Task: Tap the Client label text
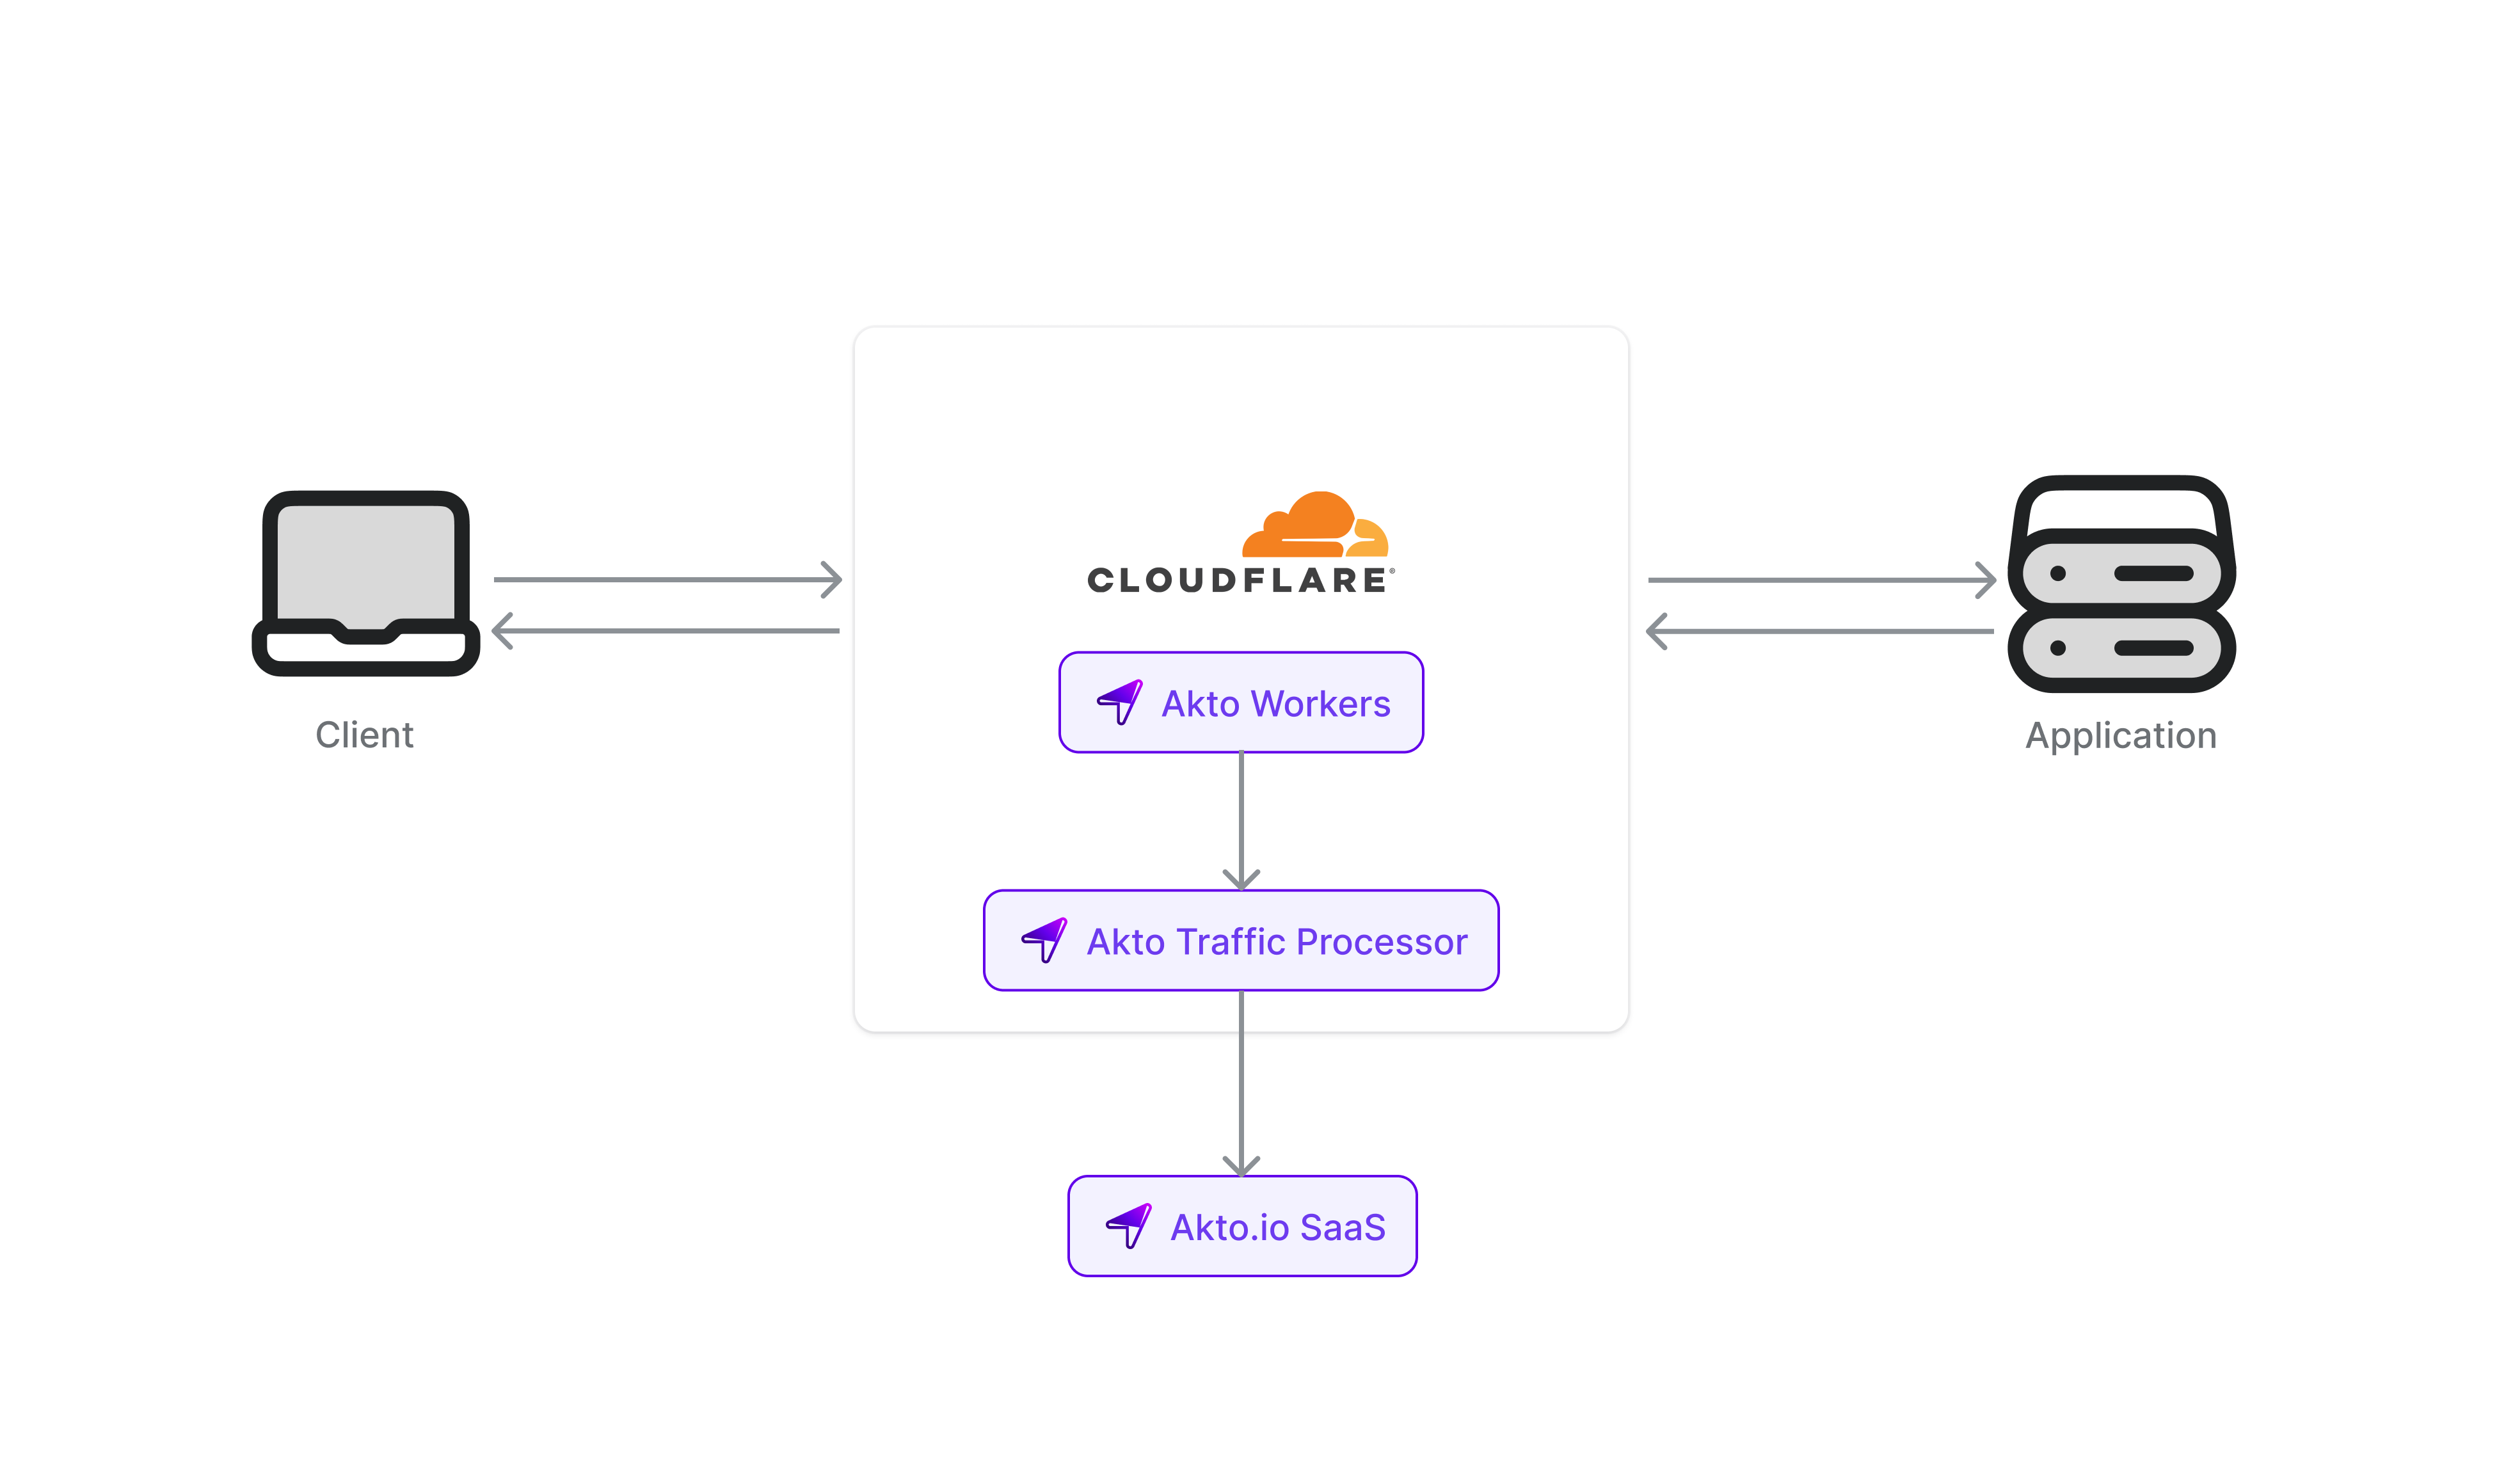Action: (x=364, y=735)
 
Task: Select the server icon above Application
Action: (x=2121, y=584)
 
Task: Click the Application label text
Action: (x=2121, y=736)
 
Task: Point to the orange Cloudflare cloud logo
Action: (x=1315, y=525)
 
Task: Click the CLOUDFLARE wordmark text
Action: (x=1239, y=580)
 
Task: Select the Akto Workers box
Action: (x=1241, y=702)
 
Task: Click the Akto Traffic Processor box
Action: (x=1241, y=941)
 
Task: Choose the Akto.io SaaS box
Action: (x=1242, y=1226)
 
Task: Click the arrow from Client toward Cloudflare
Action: (x=667, y=579)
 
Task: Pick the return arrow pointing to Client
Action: (x=667, y=631)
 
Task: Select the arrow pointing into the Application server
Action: (x=1821, y=579)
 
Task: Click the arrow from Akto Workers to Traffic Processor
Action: (x=1241, y=819)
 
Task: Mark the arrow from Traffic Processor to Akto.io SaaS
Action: (x=1241, y=1083)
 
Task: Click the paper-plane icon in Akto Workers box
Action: (x=1120, y=702)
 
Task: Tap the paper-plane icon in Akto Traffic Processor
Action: (x=1045, y=940)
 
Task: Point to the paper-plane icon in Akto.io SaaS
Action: (x=1129, y=1225)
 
